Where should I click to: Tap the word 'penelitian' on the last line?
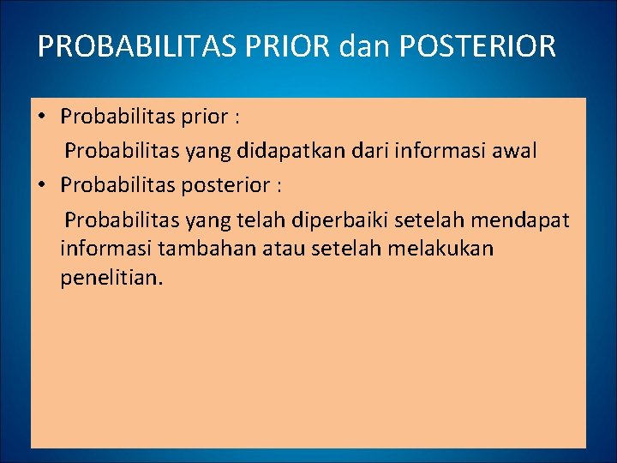[x=109, y=279]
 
